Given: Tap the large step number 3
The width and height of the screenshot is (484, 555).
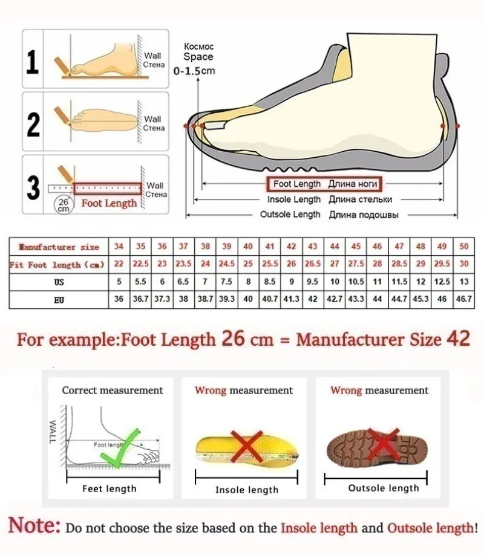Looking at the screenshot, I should tap(34, 187).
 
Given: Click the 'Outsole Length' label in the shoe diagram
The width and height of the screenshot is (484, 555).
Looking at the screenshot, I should tap(290, 215).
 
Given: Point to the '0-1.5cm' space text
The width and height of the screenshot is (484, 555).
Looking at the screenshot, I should tap(194, 71).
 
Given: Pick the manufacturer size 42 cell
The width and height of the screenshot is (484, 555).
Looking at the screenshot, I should tap(291, 247).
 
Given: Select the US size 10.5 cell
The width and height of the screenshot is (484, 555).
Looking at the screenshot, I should tap(356, 282).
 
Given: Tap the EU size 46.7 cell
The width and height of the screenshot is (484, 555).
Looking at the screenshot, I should tap(464, 299).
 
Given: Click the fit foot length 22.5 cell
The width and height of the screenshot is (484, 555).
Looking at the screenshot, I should tap(140, 265).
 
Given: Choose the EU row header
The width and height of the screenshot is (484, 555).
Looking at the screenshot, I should tap(59, 299).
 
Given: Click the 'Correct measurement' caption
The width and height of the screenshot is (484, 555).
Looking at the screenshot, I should tap(113, 391).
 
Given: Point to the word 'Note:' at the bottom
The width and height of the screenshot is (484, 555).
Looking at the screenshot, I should tap(34, 525).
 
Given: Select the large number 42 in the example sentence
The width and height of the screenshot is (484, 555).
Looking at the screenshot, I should tap(457, 338).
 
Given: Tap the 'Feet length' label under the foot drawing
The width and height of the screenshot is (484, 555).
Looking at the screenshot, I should tap(110, 488).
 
